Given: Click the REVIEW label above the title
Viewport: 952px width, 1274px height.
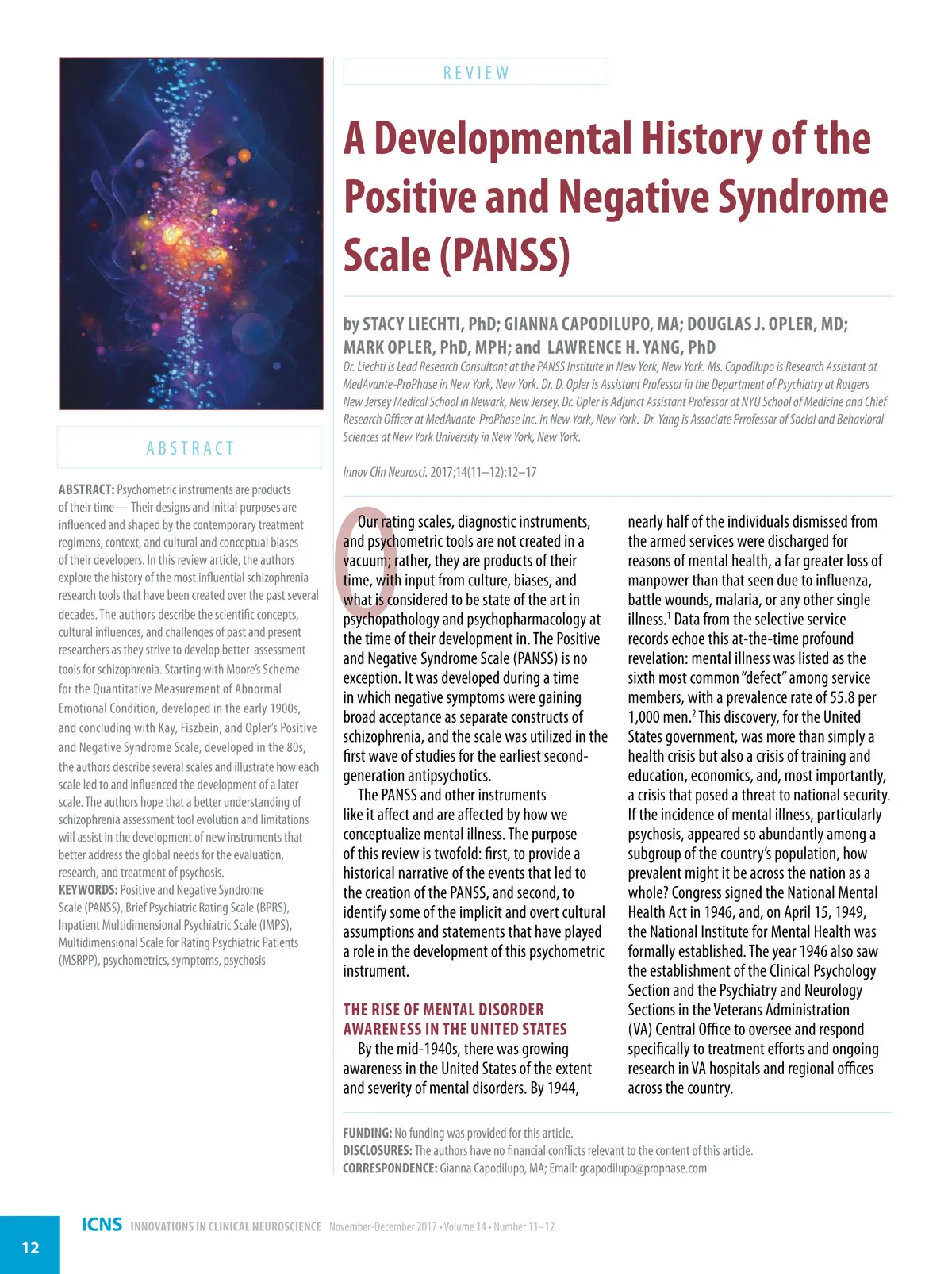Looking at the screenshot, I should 476,73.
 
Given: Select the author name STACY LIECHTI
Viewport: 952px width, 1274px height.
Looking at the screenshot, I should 412,324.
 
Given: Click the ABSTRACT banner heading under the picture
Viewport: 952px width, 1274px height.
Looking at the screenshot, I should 190,448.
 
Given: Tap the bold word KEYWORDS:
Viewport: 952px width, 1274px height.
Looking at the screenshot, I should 88,890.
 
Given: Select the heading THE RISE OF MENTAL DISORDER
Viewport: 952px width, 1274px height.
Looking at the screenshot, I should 443,1010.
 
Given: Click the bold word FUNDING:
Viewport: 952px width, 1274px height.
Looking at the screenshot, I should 367,1133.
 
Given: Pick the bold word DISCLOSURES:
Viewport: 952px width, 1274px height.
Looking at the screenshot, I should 377,1150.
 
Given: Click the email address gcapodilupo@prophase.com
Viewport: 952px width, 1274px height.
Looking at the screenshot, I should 643,1168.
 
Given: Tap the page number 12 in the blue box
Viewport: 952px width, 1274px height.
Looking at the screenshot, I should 30,1248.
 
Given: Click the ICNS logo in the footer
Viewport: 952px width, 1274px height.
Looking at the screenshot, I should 102,1225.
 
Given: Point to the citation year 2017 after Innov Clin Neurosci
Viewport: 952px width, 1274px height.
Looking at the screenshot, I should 442,472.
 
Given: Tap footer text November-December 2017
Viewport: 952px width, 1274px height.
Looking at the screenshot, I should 383,1226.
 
